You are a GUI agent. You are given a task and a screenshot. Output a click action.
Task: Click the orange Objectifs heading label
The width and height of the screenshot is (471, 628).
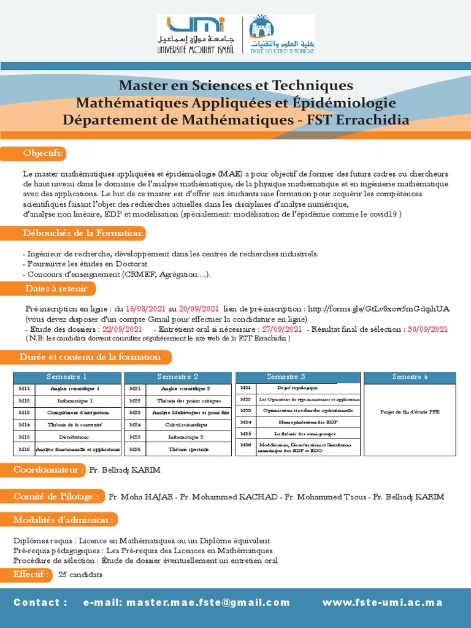point(43,153)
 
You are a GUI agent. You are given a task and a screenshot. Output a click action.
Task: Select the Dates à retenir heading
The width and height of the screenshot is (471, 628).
point(56,288)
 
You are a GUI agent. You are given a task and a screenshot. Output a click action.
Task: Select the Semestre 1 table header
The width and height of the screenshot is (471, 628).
point(67,377)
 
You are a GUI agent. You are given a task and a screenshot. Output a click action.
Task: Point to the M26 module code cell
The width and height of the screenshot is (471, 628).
point(135,450)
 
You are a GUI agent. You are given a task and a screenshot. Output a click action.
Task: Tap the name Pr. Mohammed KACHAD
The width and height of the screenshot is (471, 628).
point(229,497)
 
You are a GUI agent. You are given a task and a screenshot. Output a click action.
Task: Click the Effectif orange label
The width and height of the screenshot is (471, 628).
point(31,575)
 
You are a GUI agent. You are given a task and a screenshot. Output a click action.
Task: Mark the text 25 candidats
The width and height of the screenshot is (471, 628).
point(80,575)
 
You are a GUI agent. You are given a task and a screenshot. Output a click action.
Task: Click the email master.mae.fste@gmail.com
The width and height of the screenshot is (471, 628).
point(186,603)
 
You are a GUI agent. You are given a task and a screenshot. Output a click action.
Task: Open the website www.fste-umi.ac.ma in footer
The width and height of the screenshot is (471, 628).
point(382,603)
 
